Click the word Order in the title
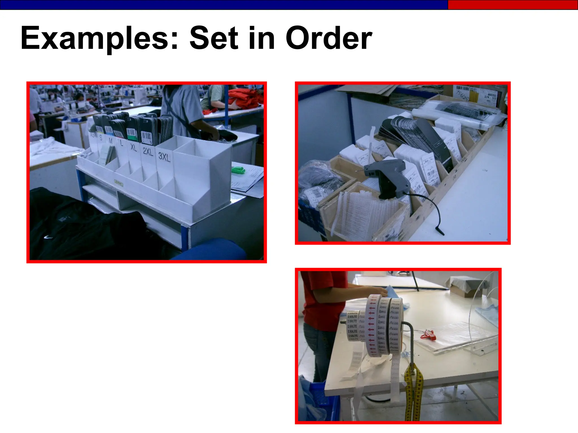(329, 38)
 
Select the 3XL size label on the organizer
(164, 157)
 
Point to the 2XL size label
(148, 152)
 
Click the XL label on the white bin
(133, 147)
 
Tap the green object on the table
(238, 170)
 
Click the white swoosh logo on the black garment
(48, 237)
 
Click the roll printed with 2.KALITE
(353, 326)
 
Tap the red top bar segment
(513, 5)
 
